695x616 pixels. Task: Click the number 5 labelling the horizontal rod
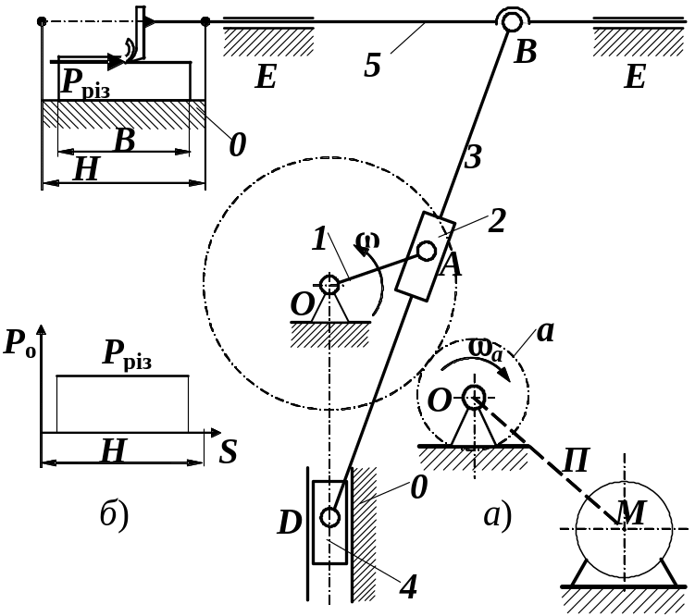coord(373,67)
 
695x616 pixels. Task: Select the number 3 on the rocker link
coord(473,158)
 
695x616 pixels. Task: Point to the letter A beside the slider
coord(451,266)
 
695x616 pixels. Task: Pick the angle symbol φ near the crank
coord(367,242)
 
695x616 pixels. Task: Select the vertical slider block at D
coord(329,522)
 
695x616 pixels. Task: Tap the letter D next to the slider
coord(290,524)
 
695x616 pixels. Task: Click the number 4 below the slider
coord(407,587)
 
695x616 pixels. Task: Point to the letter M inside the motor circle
coord(630,514)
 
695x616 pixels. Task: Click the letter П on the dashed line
coord(576,460)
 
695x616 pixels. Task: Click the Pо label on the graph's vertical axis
coord(21,343)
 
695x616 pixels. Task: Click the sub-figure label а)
coord(498,515)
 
